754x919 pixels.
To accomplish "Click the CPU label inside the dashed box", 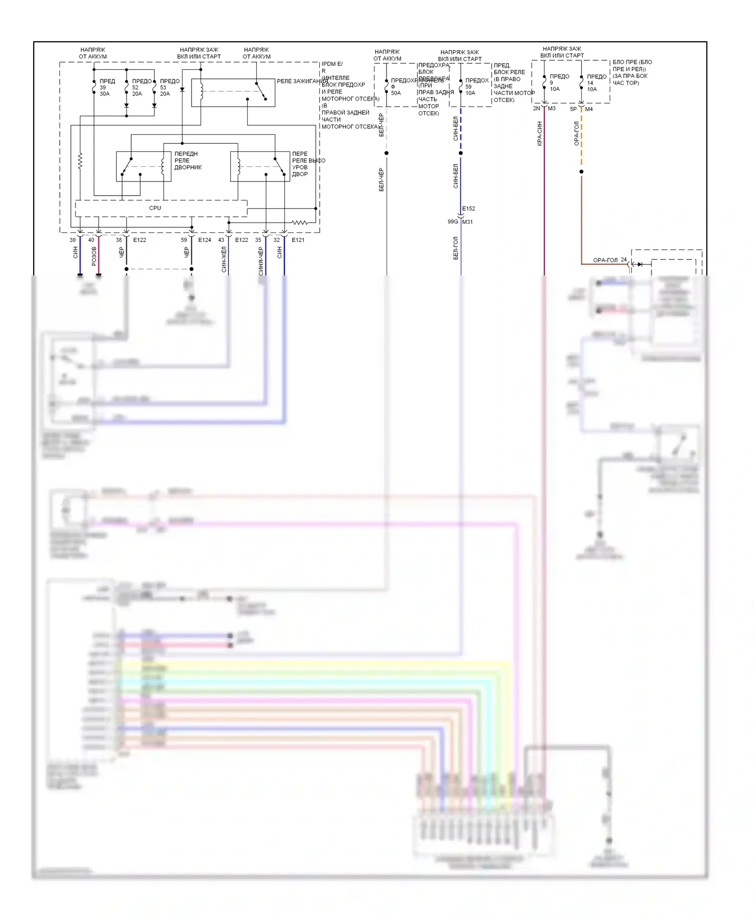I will tap(155, 208).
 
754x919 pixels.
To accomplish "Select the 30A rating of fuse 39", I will tap(105, 94).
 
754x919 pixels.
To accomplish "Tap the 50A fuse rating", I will tap(396, 93).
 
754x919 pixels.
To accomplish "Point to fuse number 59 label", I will tap(468, 86).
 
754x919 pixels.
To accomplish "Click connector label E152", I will tap(468, 209).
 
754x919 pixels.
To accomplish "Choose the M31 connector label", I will tap(467, 222).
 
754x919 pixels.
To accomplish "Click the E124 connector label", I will tap(205, 240).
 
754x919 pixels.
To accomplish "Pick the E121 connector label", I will tap(298, 240).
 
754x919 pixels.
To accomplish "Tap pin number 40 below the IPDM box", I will tap(91, 240).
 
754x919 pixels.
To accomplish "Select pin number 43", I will tap(221, 240).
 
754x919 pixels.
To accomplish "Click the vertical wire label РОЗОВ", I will tap(94, 256).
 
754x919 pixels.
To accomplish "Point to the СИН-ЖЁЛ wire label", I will tap(224, 259).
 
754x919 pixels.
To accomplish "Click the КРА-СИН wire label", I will tap(539, 133).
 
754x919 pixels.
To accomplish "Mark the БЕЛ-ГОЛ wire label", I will tap(456, 248).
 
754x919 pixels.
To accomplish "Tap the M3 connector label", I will tap(552, 109).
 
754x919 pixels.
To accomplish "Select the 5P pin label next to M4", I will tap(573, 109).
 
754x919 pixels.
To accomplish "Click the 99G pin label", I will tap(452, 222).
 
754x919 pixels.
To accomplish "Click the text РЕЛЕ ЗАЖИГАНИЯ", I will tap(302, 81).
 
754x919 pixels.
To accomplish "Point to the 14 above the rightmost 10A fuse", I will tap(590, 83).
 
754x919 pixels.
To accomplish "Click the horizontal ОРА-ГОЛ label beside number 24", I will tap(605, 260).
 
